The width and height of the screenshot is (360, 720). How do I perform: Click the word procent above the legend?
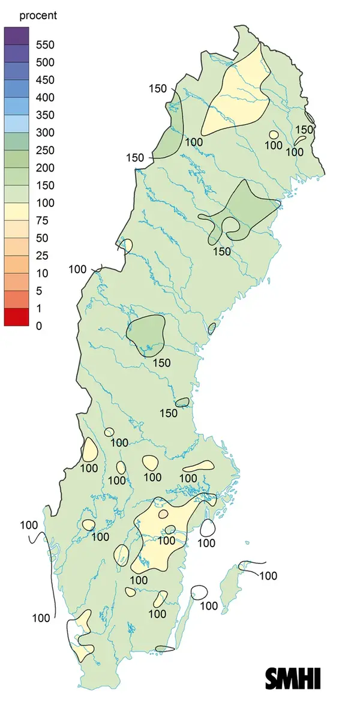[x=38, y=16]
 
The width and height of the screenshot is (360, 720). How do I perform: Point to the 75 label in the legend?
[x=41, y=220]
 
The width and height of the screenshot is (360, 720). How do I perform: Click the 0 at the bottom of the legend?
[x=38, y=326]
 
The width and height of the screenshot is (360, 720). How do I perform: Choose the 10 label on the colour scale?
[x=41, y=273]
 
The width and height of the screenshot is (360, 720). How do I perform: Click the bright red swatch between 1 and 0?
[x=16, y=317]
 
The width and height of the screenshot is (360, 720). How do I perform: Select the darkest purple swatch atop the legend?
[x=16, y=36]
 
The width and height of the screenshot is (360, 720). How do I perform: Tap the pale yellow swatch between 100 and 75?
[x=16, y=212]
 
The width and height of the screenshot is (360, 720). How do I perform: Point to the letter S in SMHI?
[x=273, y=678]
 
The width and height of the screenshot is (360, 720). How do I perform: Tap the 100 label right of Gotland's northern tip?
[x=268, y=576]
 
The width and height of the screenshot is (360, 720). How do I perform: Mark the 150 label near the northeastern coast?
[x=304, y=129]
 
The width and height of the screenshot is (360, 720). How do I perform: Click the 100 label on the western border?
[x=77, y=269]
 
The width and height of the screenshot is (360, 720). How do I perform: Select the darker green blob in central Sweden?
[x=146, y=333]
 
